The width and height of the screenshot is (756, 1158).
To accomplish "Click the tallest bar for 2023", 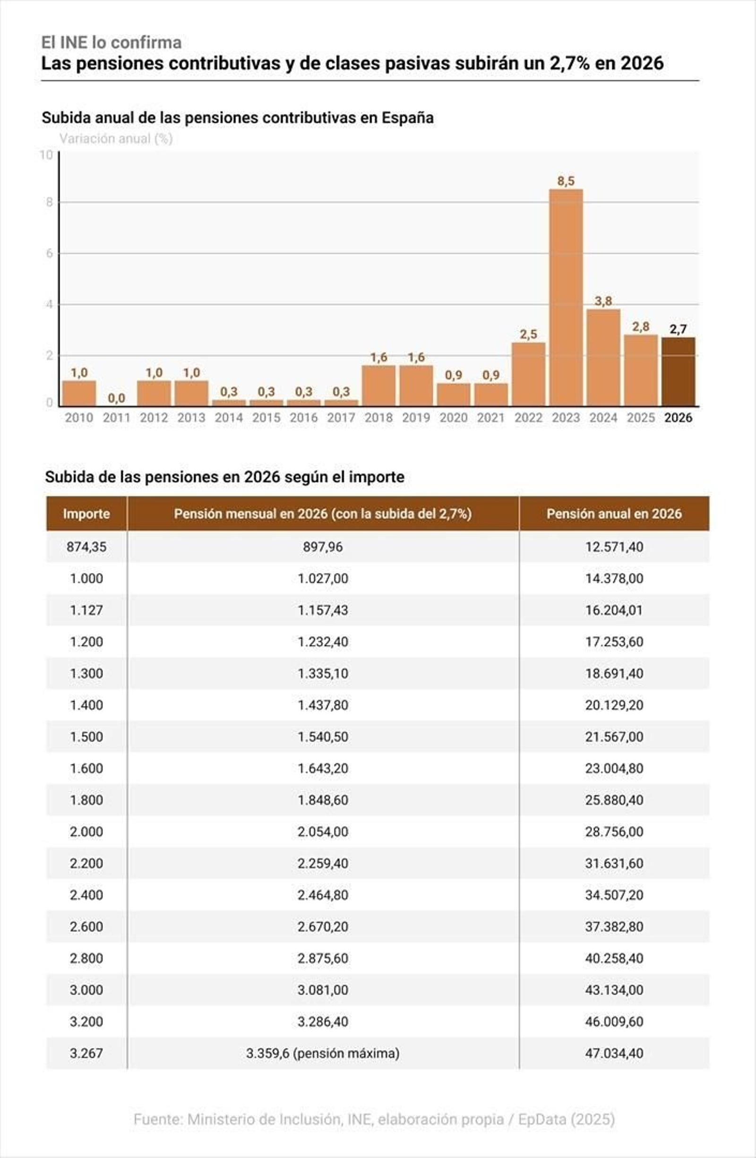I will (566, 298).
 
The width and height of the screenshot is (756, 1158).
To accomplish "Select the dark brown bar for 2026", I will (678, 372).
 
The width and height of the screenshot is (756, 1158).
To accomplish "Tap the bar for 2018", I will (378, 386).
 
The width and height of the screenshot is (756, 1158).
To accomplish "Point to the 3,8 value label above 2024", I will (603, 301).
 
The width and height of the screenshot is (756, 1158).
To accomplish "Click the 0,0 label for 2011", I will (116, 398).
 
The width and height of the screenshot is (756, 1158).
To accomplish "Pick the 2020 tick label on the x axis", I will (454, 418).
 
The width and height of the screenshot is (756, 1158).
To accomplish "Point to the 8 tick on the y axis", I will (49, 202).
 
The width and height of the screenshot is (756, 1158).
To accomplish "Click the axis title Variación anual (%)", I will (116, 139).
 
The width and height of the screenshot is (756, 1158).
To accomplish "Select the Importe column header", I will (86, 514).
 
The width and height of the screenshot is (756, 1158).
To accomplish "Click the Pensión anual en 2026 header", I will (614, 514).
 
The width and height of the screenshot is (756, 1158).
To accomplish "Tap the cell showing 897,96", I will (323, 547).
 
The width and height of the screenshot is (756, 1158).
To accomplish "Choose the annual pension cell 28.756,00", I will (614, 832).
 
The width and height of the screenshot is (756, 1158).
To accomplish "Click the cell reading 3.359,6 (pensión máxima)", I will (323, 1053).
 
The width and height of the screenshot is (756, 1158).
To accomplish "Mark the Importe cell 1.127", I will (86, 610).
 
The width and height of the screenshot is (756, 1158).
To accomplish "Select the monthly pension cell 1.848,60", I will (323, 800).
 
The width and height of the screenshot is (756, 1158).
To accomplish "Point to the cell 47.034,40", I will (614, 1053).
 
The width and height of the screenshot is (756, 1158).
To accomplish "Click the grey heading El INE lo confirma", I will (112, 43).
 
